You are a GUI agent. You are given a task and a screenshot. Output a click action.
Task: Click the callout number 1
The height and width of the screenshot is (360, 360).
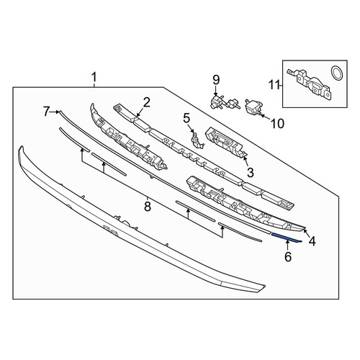[94, 78]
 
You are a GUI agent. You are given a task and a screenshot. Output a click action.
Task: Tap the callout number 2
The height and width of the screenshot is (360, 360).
[147, 102]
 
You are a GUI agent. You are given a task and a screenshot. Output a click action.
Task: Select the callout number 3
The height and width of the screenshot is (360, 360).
[251, 172]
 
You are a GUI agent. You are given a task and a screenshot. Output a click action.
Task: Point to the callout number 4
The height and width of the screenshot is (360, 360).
[312, 241]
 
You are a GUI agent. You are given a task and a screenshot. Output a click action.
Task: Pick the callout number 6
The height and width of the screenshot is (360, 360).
[288, 257]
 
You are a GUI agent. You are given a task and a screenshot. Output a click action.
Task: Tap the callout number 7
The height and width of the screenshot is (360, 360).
[47, 112]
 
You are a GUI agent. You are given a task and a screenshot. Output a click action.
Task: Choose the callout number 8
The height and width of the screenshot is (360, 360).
[148, 207]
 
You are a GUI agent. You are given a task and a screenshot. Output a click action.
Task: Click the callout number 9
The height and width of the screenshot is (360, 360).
[216, 80]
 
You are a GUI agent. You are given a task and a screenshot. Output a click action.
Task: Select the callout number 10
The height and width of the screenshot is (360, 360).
[277, 124]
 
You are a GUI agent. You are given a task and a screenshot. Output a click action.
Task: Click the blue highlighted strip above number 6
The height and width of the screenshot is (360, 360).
[286, 238]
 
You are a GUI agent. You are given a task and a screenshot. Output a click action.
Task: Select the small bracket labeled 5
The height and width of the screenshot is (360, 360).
[197, 140]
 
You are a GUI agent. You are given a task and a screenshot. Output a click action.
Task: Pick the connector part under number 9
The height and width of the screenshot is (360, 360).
[224, 102]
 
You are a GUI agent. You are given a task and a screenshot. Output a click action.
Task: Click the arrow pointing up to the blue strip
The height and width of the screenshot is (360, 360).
[287, 246]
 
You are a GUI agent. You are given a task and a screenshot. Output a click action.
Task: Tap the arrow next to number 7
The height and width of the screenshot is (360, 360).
[55, 112]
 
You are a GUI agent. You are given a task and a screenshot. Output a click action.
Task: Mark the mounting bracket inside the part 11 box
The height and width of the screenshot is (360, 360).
[310, 84]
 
